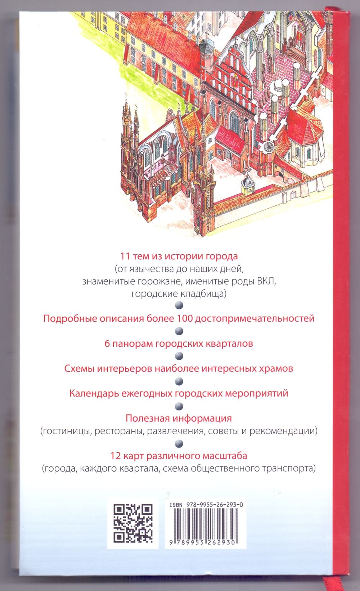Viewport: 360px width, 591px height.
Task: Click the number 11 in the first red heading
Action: (x=125, y=256)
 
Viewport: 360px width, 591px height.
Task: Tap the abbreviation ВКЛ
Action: (x=266, y=281)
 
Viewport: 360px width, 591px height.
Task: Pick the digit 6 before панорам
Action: (x=107, y=344)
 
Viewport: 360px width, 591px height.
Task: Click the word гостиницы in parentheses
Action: (x=66, y=431)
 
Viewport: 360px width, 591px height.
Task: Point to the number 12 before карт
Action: (x=115, y=456)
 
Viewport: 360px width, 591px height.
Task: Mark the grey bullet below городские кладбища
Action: (x=179, y=305)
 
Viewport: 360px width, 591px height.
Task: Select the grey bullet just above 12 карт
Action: (x=179, y=443)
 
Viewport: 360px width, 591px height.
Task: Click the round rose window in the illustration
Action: (x=268, y=147)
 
